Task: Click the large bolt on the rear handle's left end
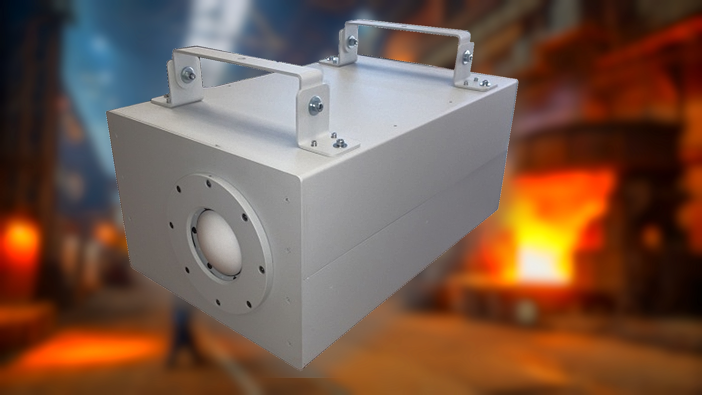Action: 352,39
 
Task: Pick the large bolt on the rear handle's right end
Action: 468,55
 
